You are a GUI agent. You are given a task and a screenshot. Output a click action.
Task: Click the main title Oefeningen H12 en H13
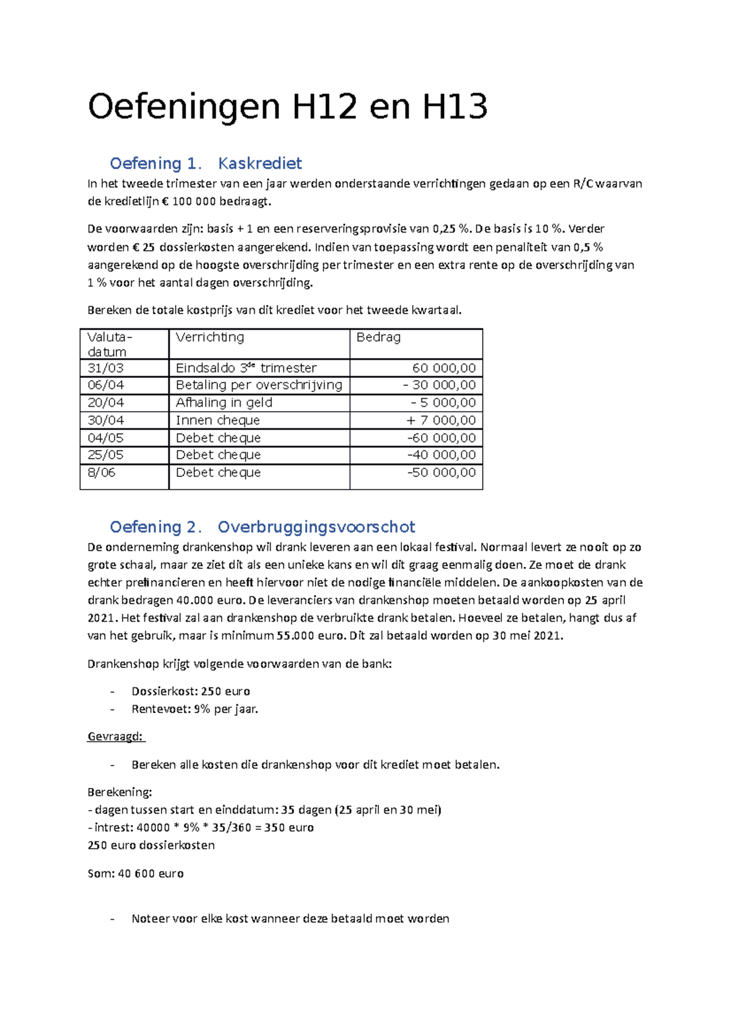(x=288, y=107)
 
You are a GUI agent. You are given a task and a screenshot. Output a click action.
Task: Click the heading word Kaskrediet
(x=260, y=163)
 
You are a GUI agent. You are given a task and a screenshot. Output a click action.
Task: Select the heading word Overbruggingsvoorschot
(x=316, y=527)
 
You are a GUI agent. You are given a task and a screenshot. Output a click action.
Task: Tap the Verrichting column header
(x=210, y=337)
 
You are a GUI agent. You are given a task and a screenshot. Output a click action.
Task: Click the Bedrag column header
(x=378, y=337)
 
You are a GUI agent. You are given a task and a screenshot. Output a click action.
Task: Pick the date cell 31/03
(x=105, y=368)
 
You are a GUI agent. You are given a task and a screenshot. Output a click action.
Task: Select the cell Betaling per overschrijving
(x=259, y=385)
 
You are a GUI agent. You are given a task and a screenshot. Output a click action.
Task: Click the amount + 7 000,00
(x=441, y=420)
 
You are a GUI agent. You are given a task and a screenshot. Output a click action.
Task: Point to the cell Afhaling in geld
(x=224, y=403)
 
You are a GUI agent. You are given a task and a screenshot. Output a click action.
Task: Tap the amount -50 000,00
(x=442, y=473)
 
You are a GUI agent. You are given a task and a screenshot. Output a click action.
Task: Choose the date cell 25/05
(x=105, y=455)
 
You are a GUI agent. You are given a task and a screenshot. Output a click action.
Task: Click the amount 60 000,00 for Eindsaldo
(x=443, y=368)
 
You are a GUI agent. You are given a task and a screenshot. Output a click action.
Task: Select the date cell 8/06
(x=101, y=473)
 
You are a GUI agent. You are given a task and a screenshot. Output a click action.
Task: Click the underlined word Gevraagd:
(x=116, y=737)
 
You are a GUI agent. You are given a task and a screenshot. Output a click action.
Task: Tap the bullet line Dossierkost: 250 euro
(x=191, y=691)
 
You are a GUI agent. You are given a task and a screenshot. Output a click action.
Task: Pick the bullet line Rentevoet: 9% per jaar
(x=195, y=709)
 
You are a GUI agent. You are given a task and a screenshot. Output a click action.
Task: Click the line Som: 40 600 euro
(x=135, y=873)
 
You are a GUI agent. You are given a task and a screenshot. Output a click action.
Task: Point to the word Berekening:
(x=119, y=792)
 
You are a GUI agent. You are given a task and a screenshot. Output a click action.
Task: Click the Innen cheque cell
(x=217, y=420)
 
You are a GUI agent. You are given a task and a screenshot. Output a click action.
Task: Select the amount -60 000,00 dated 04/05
(x=442, y=438)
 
